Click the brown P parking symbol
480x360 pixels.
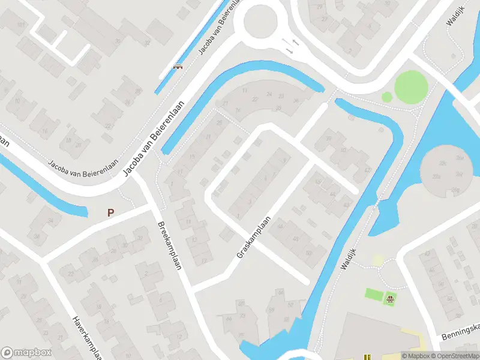point(110,212)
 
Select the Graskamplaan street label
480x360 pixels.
point(254,238)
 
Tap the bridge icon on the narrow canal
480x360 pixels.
point(178,67)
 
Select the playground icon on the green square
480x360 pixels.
point(391,297)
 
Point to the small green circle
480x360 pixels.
point(387,96)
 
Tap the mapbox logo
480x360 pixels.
point(26,353)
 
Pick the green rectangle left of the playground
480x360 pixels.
point(374,294)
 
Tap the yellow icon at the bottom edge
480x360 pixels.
point(367,357)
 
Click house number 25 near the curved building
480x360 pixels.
point(219,122)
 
